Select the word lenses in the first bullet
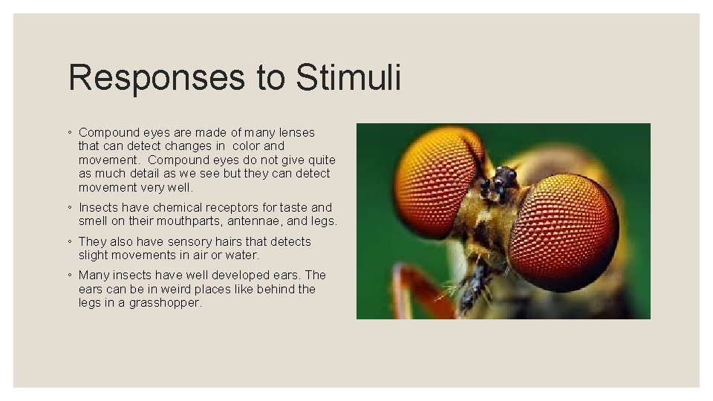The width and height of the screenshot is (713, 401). (294, 132)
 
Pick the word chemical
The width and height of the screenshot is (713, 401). (179, 207)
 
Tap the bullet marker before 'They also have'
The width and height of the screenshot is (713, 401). (69, 242)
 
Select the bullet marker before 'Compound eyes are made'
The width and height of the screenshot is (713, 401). (69, 133)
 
